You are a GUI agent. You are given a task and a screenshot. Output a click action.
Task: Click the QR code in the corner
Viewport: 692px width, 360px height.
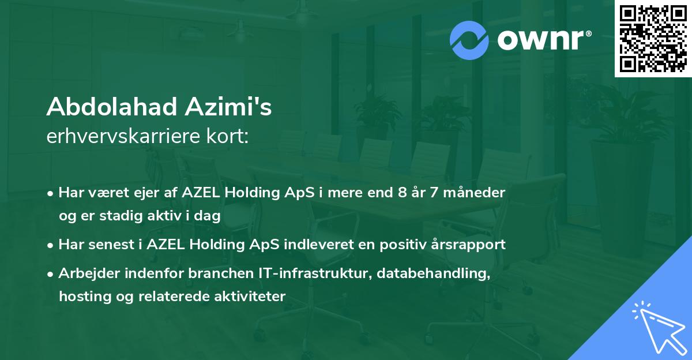coord(653,38)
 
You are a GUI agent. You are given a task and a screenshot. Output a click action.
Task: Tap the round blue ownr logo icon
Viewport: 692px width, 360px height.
coord(469,40)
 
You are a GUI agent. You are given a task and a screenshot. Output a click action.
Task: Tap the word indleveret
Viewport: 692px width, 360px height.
coord(334,245)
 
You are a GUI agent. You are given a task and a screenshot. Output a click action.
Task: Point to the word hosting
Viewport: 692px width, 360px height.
coord(81,297)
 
